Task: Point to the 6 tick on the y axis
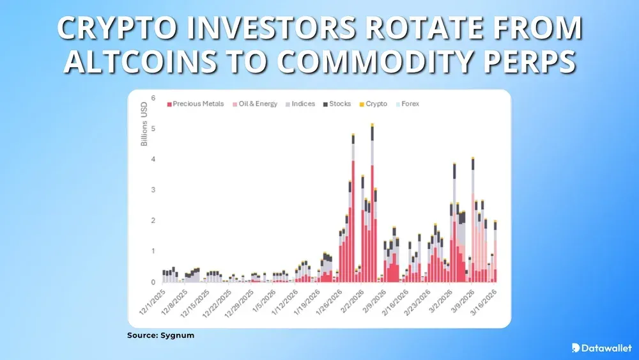(x=153, y=98)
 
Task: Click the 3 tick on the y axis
(x=153, y=190)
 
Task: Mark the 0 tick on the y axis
(x=153, y=282)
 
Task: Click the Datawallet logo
(x=602, y=347)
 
